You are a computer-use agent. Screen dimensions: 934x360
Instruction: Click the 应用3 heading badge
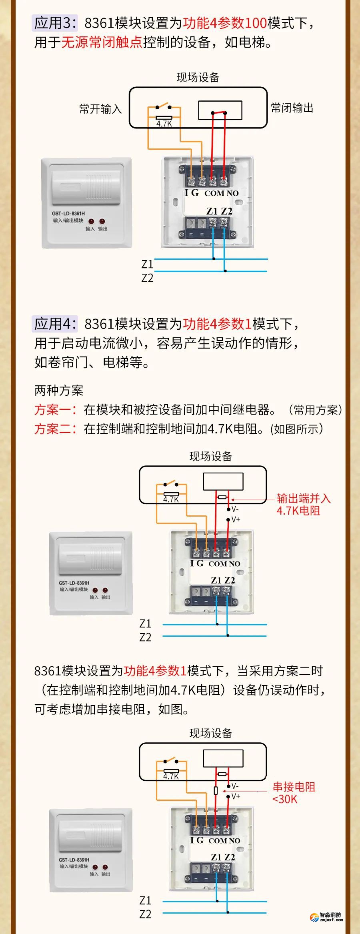point(55,23)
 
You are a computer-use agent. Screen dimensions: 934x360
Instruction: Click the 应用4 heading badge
point(55,324)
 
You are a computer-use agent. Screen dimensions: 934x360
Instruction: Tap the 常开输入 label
point(100,109)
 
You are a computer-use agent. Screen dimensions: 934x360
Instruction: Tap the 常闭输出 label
point(292,108)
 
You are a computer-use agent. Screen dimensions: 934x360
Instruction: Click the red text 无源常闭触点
point(102,42)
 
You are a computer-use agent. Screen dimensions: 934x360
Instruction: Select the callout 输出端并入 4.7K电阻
point(303,504)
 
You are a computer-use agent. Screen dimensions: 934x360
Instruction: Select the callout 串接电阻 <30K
point(294,793)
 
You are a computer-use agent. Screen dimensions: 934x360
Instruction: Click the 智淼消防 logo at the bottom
point(326,917)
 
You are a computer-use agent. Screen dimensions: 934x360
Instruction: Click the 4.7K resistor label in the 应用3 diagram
point(164,124)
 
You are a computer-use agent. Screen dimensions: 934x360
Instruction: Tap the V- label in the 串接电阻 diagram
point(235,786)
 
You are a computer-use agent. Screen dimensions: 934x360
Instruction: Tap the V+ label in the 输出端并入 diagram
point(236,519)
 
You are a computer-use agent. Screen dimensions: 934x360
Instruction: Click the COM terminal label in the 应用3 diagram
point(214,193)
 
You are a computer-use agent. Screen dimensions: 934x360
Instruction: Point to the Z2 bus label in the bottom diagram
point(145,914)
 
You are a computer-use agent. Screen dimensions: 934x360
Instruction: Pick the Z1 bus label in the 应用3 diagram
point(147,264)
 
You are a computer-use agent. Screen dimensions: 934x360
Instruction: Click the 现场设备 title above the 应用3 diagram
point(198,77)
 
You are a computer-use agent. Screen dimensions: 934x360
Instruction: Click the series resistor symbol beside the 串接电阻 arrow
point(216,790)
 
